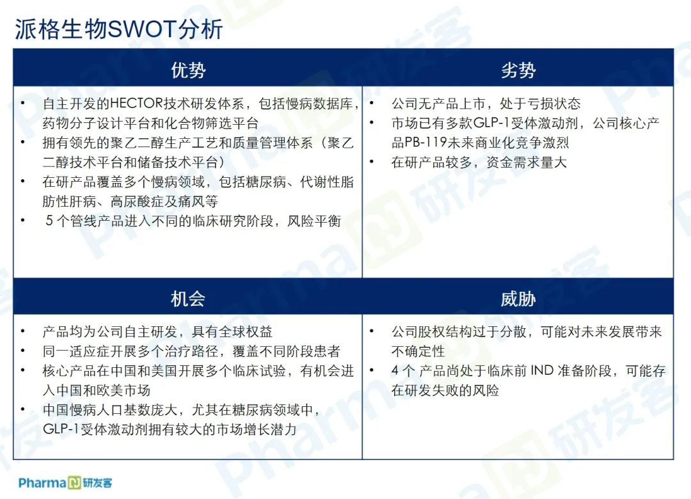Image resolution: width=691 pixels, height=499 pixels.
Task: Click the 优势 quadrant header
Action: coord(188,70)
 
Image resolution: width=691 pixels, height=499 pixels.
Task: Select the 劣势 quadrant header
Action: coord(518,70)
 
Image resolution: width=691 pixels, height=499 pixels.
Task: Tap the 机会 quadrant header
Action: coord(188,299)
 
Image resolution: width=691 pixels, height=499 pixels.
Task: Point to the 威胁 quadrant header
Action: coord(518,299)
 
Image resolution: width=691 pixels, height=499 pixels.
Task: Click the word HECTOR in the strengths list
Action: coord(137,104)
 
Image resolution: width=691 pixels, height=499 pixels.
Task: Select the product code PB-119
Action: coord(425,143)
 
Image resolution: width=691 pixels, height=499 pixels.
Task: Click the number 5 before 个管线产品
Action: coord(49,221)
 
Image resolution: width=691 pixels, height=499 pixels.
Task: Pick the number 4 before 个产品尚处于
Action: coord(396,370)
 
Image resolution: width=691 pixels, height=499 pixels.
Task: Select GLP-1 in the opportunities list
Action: coord(61,429)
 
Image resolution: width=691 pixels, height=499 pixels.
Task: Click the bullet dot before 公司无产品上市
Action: coord(372,103)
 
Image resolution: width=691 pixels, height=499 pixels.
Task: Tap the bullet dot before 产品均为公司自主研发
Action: coord(23,331)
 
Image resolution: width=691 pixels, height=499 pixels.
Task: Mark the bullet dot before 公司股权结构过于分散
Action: coord(372,331)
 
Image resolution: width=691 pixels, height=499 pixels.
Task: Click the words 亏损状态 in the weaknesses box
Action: coord(553,104)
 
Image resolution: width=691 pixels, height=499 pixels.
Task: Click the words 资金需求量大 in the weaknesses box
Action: coord(527,162)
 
